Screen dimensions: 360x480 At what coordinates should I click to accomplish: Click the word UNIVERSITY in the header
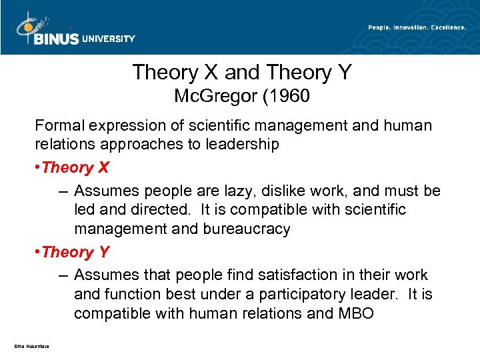click(x=108, y=39)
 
